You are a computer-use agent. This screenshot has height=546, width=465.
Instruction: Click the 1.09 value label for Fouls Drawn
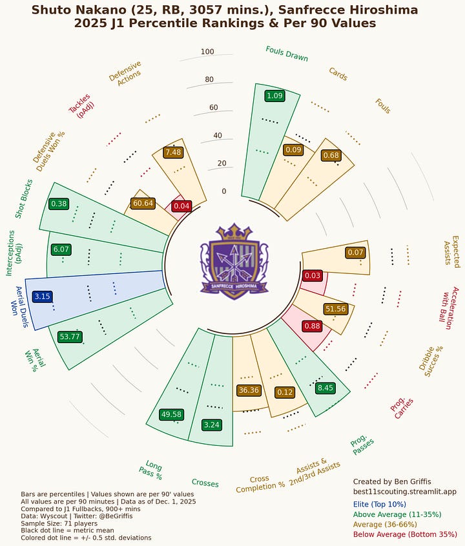tap(274, 96)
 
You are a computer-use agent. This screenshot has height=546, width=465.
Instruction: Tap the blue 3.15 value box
tap(42, 296)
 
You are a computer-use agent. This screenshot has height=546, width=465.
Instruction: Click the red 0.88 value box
tap(312, 326)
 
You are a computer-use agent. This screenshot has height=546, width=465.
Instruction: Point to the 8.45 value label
tap(325, 388)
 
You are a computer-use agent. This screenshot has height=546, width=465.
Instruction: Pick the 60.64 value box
tap(142, 203)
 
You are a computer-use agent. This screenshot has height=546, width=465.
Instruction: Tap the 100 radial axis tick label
tap(207, 52)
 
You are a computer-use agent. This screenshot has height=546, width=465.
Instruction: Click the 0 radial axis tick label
tap(223, 191)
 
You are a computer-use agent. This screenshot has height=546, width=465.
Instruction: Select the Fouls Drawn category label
tap(287, 54)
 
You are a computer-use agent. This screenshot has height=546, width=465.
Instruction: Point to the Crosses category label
tap(205, 483)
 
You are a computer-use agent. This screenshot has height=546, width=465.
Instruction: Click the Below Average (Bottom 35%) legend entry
tap(405, 535)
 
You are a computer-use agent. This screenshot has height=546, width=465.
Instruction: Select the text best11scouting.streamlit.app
tap(404, 492)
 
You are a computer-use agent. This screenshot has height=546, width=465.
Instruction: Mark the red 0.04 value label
tap(182, 206)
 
